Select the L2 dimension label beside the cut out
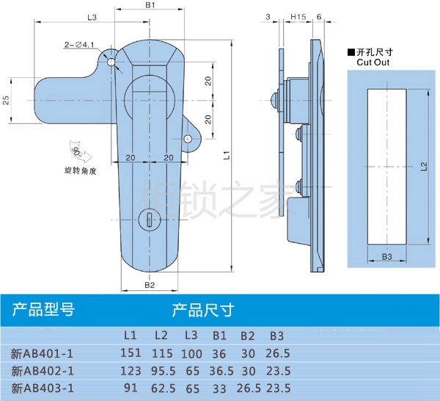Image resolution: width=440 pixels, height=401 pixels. click(425, 167)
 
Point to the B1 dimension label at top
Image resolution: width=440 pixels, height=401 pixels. click(150, 6)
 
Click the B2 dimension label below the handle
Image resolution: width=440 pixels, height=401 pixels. click(149, 285)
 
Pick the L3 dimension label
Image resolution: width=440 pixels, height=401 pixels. click(92, 16)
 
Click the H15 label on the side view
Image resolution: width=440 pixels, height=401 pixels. click(298, 16)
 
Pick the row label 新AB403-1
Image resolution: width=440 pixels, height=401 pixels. click(43, 389)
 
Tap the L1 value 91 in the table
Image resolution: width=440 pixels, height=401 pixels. click(130, 388)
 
